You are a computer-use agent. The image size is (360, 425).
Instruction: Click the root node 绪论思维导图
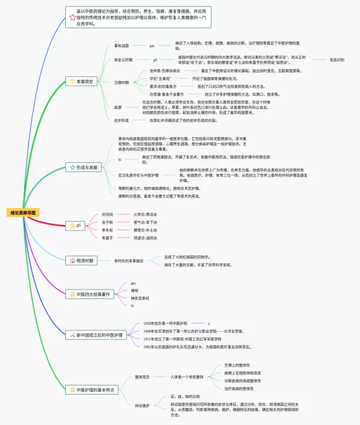click(x=23, y=213)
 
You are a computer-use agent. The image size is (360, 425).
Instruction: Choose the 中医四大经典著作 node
click(x=90, y=294)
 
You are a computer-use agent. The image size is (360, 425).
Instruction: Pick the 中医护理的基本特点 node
click(x=93, y=389)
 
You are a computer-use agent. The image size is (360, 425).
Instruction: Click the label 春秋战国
click(x=121, y=45)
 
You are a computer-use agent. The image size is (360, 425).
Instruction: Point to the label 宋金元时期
click(x=123, y=60)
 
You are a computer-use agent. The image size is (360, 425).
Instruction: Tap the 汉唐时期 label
click(x=121, y=82)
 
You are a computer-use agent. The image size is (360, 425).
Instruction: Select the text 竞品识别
click(x=337, y=60)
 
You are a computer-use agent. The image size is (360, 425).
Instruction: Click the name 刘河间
click(x=107, y=215)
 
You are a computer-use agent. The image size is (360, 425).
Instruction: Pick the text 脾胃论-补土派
click(x=145, y=230)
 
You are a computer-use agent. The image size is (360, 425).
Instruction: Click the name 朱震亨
click(x=107, y=238)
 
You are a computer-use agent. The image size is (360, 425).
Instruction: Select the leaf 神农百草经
click(x=140, y=298)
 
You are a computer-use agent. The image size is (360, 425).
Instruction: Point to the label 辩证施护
click(x=142, y=405)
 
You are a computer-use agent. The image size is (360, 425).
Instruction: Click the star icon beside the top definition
click(x=72, y=17)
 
